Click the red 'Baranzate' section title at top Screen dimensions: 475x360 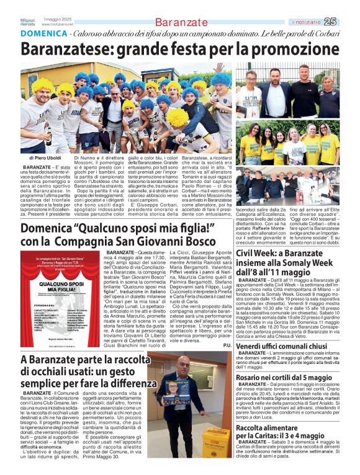point(180,22)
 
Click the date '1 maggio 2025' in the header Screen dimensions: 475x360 point(58,19)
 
